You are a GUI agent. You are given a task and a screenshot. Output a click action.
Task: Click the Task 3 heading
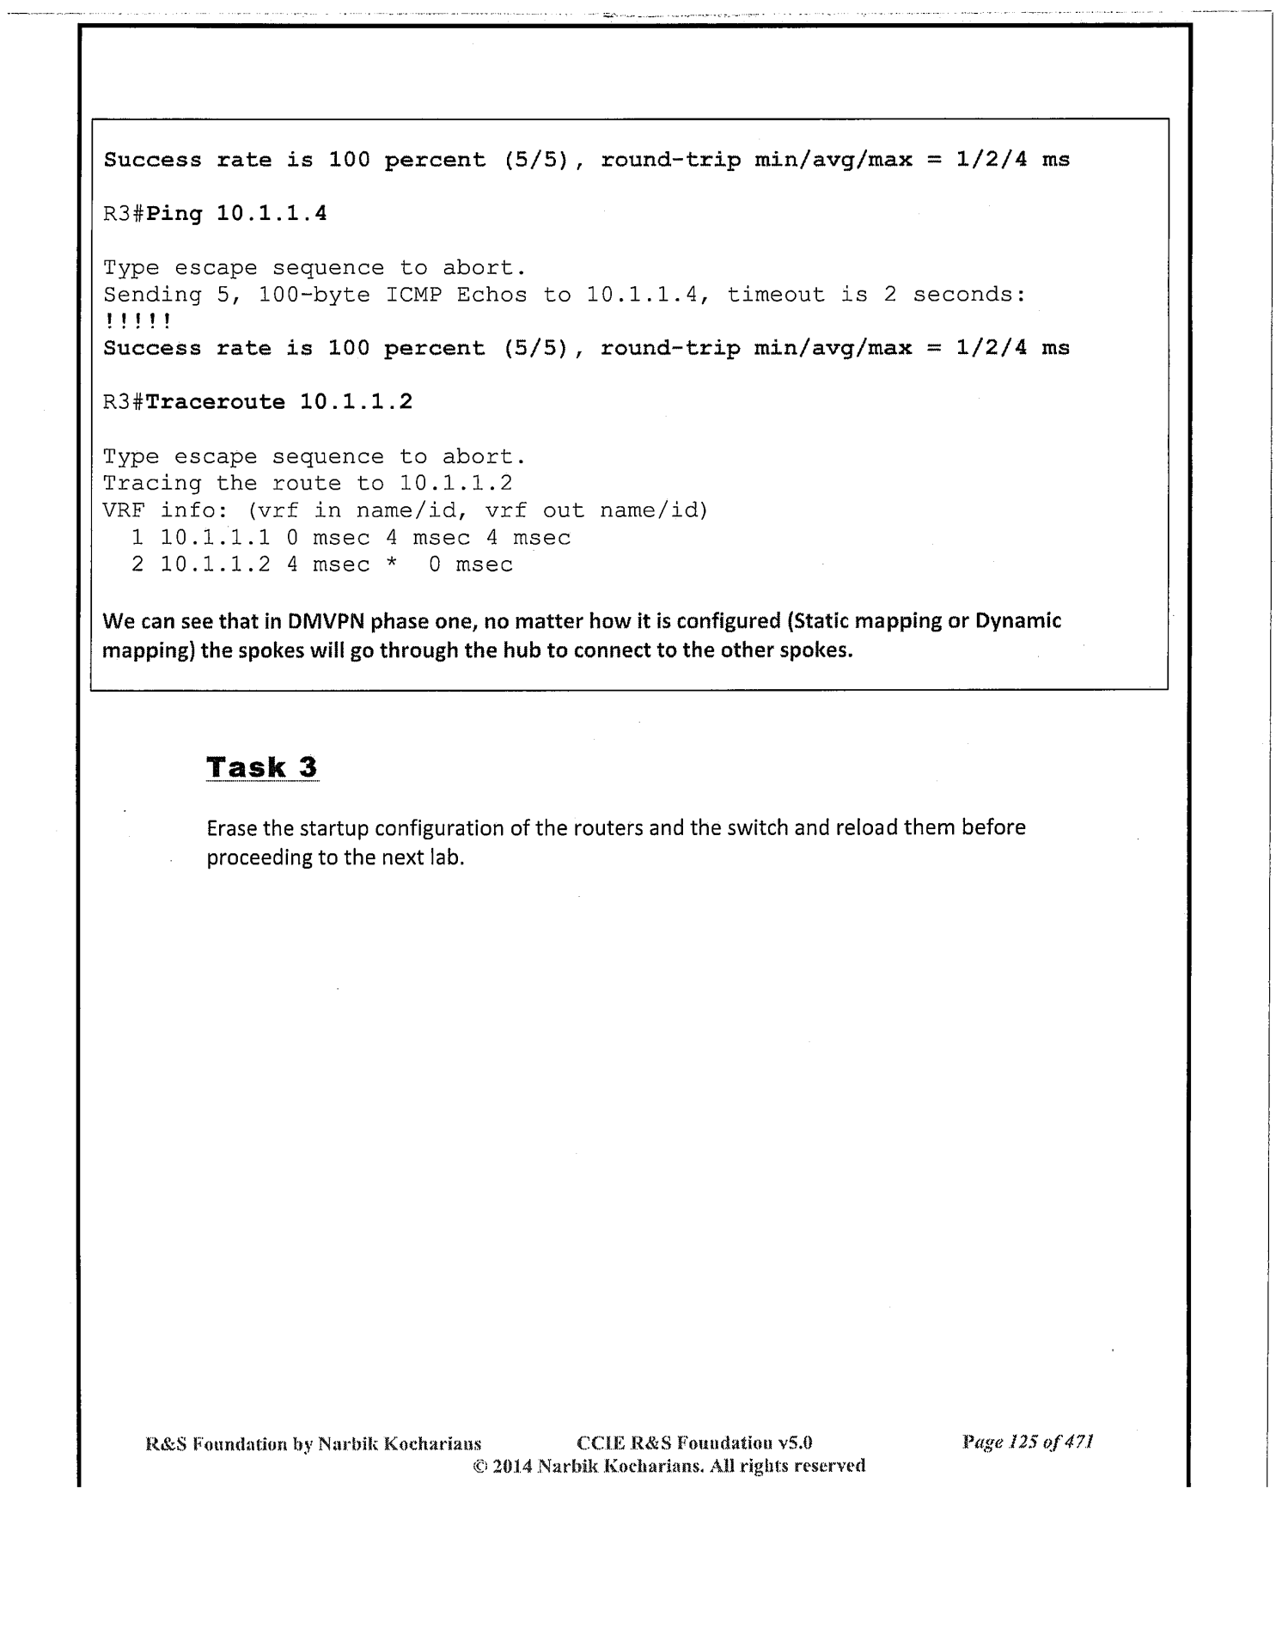click(x=262, y=767)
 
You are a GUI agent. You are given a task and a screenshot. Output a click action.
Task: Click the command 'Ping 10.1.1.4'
click(x=236, y=213)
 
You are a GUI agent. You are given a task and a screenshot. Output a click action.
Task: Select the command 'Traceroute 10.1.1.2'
click(x=278, y=401)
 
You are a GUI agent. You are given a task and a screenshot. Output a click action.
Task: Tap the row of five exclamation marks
click(x=137, y=321)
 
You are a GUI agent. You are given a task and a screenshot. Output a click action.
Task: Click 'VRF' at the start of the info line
click(x=124, y=510)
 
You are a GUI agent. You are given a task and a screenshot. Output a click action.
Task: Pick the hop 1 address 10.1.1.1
click(x=215, y=538)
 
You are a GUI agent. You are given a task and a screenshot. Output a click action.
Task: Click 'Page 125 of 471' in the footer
click(x=1027, y=1442)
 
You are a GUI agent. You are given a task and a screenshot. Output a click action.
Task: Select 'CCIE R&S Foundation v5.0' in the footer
click(x=694, y=1443)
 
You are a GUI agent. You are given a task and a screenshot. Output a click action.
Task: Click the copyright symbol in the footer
click(x=479, y=1466)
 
